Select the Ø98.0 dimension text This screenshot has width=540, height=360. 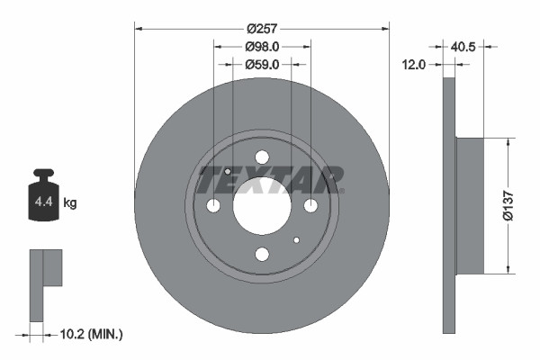coord(262,47)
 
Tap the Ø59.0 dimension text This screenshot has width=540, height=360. coord(262,64)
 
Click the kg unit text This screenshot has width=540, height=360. coord(70,203)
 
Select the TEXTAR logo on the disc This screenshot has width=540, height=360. coord(270,180)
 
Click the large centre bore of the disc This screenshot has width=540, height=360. coord(262,205)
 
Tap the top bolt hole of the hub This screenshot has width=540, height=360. coord(262,157)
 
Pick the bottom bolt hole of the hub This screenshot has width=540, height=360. coord(262,255)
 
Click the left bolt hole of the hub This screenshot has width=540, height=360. coord(213,206)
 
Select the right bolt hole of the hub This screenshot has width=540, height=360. coord(310,206)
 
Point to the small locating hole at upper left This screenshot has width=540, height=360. coord(228,172)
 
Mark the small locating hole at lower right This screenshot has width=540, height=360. coord(296,240)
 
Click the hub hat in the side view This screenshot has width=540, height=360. coord(470,205)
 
